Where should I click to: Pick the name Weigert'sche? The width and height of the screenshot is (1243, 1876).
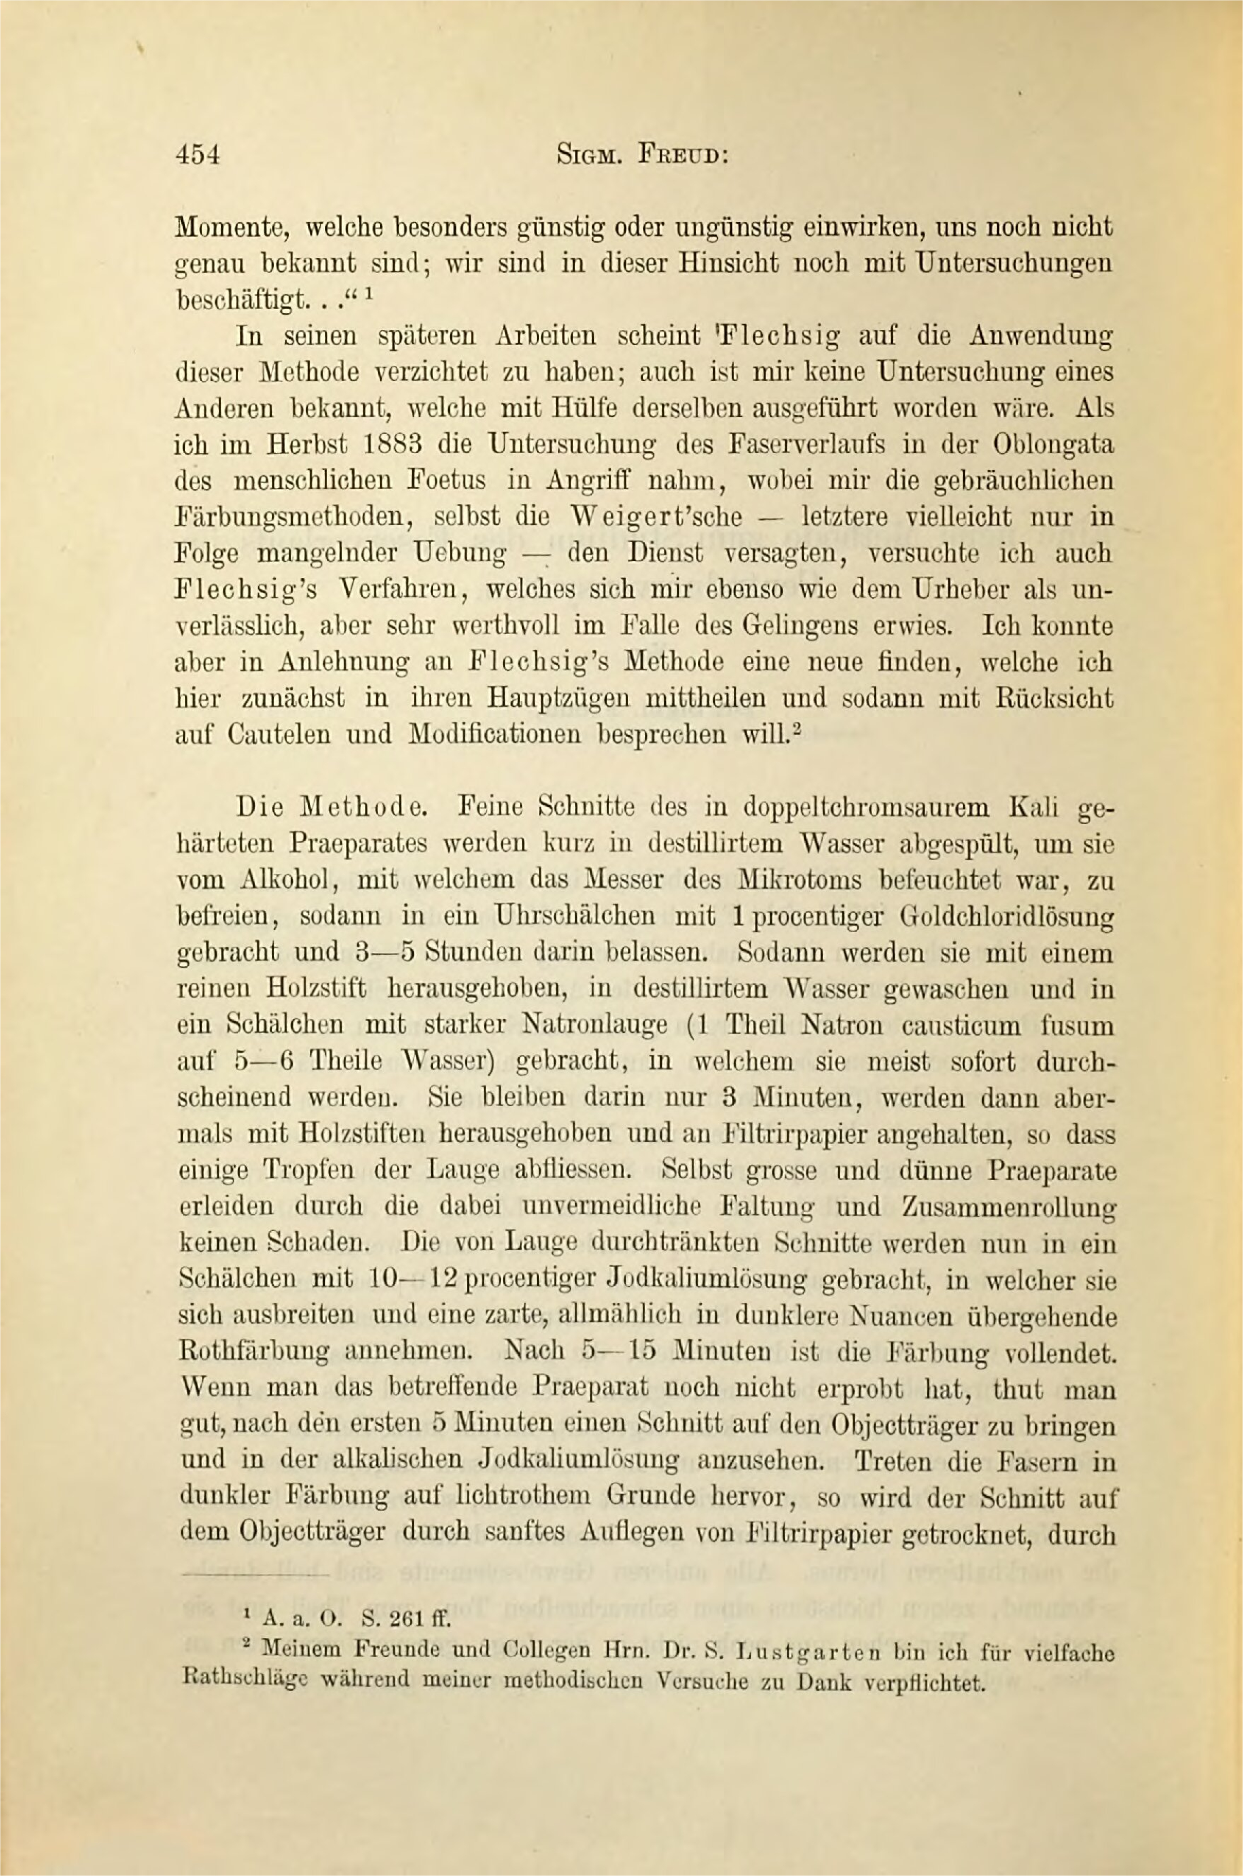pos(656,517)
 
